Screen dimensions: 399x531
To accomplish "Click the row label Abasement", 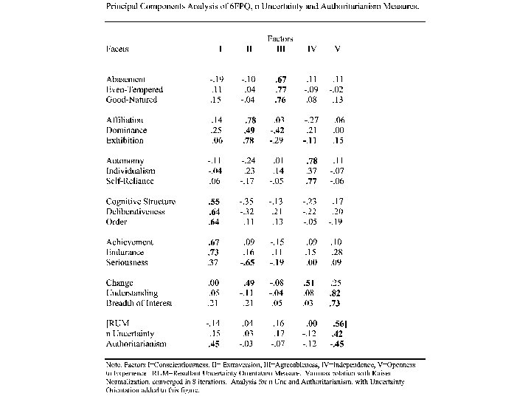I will click(x=125, y=79).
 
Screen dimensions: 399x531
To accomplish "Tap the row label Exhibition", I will click(x=125, y=140).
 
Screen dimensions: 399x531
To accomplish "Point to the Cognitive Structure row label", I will click(x=140, y=202).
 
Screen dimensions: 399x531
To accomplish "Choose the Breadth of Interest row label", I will click(x=139, y=304).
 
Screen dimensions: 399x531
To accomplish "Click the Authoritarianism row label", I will click(x=136, y=344).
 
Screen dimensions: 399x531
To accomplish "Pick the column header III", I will click(x=280, y=50).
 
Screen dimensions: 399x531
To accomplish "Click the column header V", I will click(x=337, y=50).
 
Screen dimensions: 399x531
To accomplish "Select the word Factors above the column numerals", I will click(x=280, y=38).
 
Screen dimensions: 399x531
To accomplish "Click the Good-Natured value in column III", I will click(x=280, y=100).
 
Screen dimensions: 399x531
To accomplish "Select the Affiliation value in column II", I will click(x=249, y=120).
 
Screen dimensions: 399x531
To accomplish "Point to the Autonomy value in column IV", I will click(x=311, y=161).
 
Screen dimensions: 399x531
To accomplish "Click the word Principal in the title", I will click(x=125, y=6).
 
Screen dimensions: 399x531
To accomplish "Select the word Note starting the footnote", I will click(x=114, y=364).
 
